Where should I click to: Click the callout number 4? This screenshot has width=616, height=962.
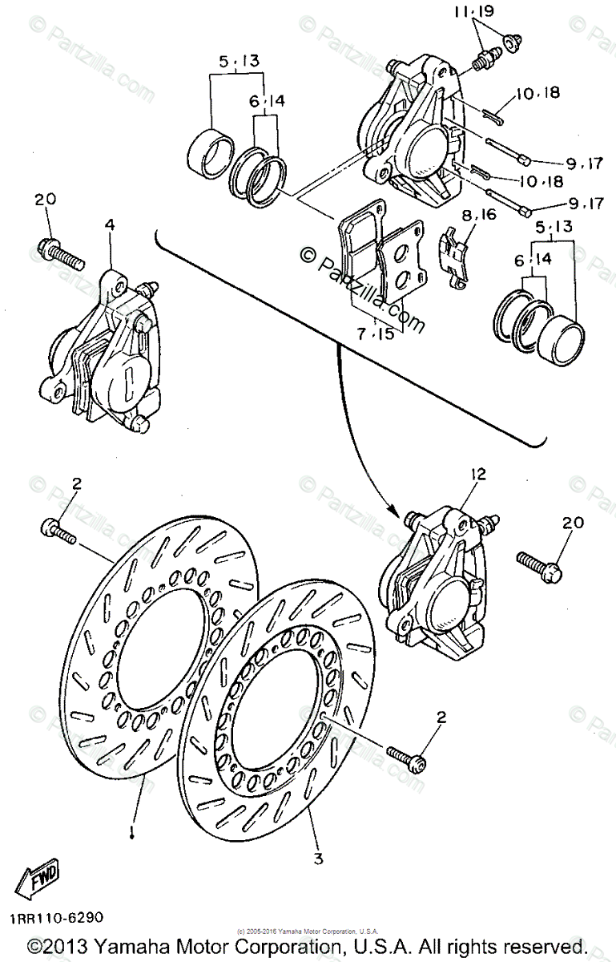point(110,225)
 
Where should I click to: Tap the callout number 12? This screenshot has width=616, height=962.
point(479,475)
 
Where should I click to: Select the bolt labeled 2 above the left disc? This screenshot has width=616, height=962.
point(58,532)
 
